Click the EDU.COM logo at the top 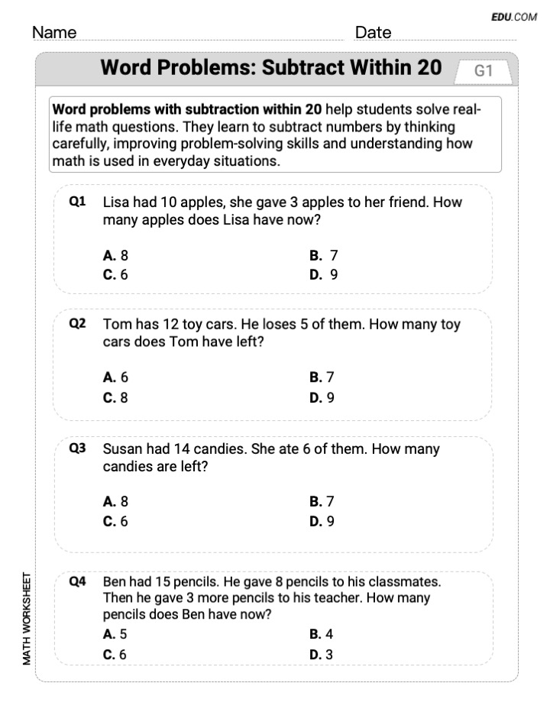click(514, 16)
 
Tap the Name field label click(54, 33)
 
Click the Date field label click(373, 33)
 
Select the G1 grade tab click(484, 71)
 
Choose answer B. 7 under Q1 click(323, 256)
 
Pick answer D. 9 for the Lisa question click(323, 274)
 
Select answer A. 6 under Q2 click(115, 377)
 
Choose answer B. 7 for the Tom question click(322, 377)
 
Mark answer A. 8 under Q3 click(115, 502)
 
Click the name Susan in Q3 click(124, 449)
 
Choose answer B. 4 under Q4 click(321, 634)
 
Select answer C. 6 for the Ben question click(115, 654)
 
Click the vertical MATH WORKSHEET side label click(27, 617)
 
